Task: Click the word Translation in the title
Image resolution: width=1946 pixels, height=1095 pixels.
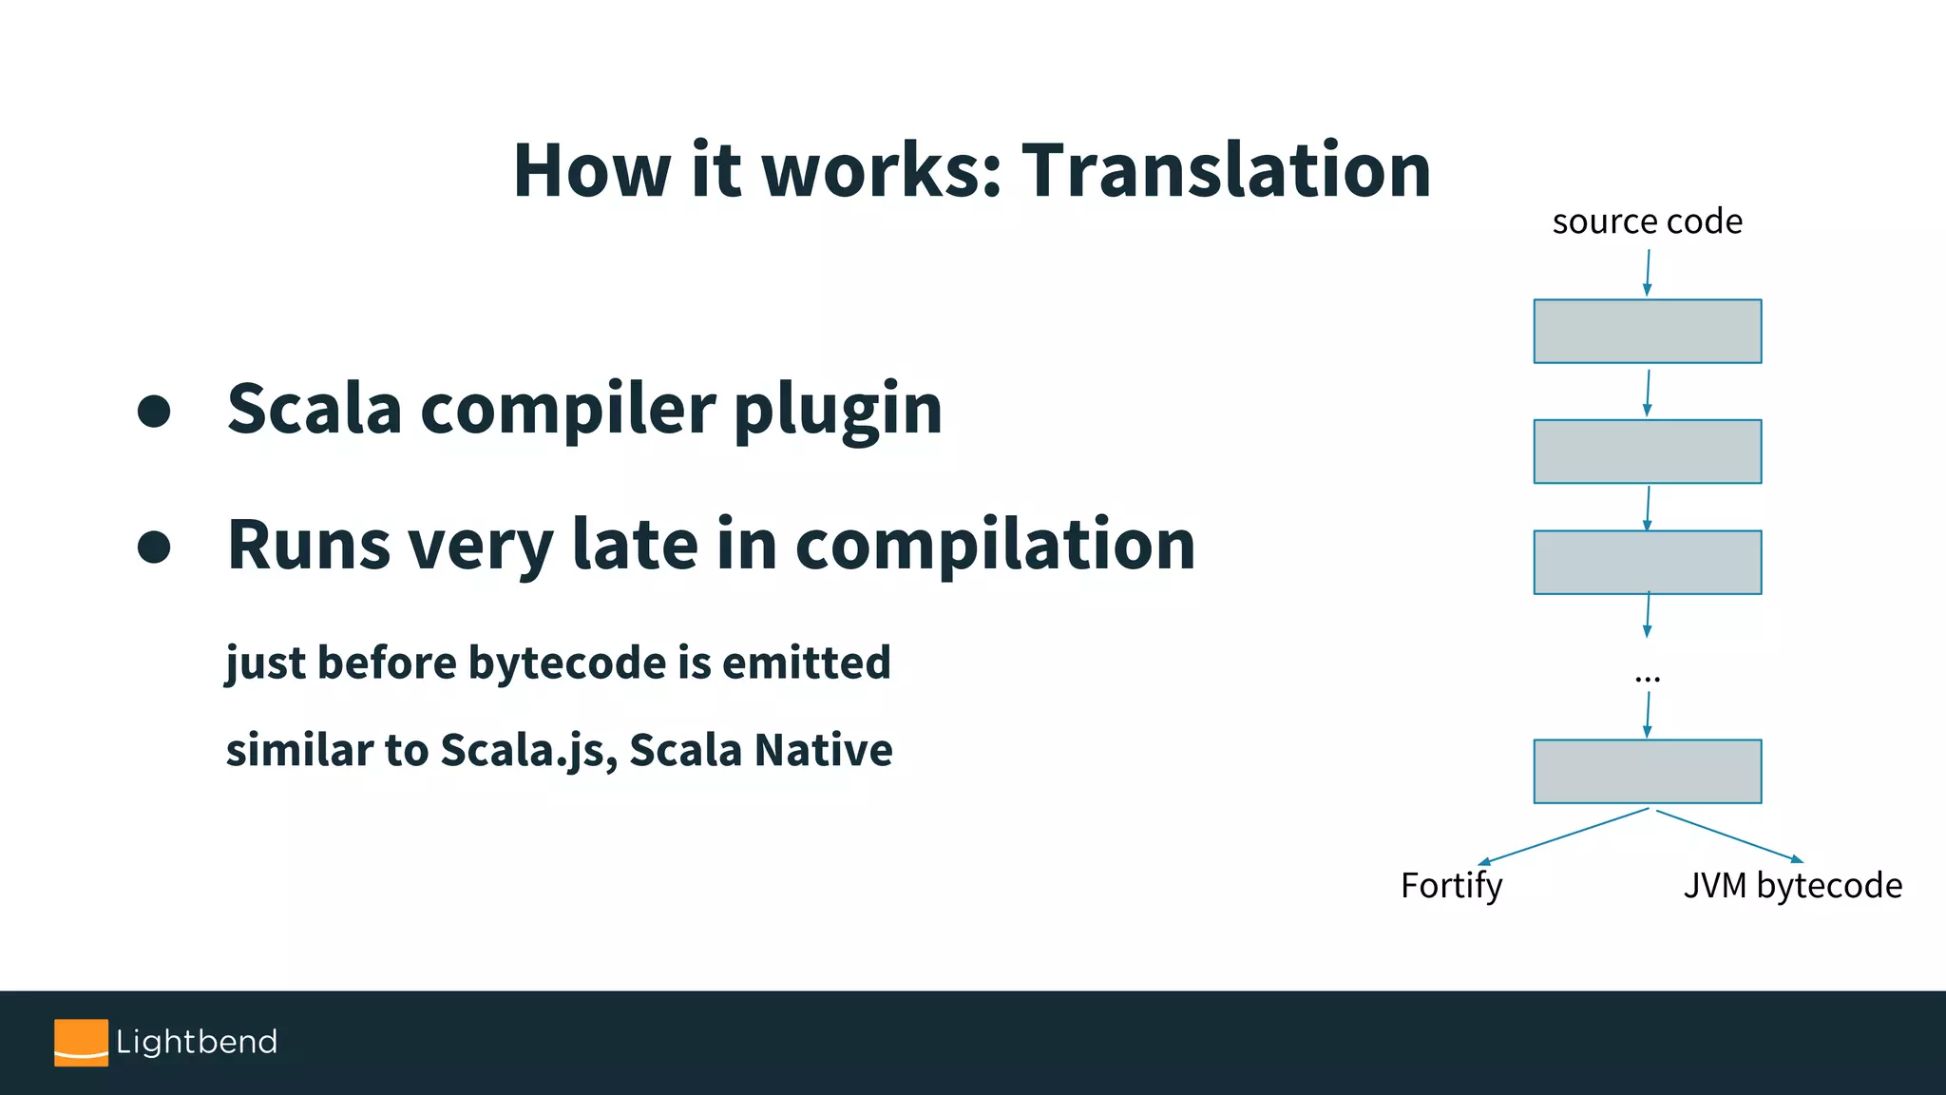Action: [x=1226, y=171]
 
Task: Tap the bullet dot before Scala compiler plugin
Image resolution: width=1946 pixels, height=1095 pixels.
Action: [x=154, y=411]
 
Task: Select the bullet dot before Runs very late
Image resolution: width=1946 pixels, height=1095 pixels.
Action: [x=154, y=547]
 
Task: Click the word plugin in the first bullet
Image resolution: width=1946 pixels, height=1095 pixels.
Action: [x=837, y=411]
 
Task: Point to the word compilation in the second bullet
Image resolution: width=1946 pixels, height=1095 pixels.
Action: [x=995, y=546]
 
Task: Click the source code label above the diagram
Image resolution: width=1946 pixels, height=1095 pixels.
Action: [x=1647, y=221]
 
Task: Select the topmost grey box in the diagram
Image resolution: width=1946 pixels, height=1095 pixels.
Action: [x=1647, y=331]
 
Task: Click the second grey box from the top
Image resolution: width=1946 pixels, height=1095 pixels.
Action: [x=1647, y=451]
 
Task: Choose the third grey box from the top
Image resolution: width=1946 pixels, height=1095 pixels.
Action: [x=1647, y=563]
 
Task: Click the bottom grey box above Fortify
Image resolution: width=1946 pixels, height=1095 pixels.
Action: [x=1647, y=771]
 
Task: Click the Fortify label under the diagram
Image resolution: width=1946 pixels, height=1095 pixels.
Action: [x=1451, y=886]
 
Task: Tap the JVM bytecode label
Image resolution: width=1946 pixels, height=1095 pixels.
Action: [x=1792, y=886]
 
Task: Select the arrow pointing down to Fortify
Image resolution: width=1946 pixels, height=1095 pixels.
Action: [x=1563, y=836]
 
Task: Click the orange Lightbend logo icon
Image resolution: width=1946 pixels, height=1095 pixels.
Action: [x=81, y=1043]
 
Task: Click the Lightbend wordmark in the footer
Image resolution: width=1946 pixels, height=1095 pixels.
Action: [x=197, y=1042]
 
